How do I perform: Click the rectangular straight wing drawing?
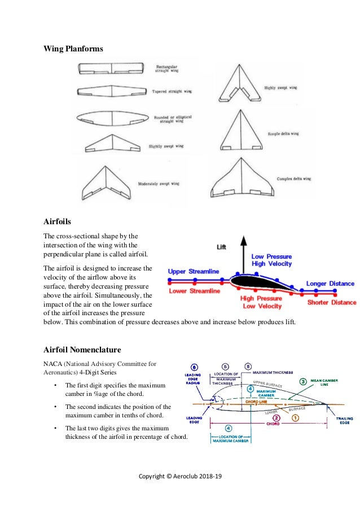(114, 68)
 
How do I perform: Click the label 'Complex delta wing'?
(294, 178)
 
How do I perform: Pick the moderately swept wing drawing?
(106, 184)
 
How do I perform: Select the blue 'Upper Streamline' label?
(194, 272)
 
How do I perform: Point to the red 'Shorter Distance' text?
(331, 302)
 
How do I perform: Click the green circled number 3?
(303, 381)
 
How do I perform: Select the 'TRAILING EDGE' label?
(345, 421)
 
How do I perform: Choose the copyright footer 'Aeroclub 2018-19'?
(180, 476)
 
